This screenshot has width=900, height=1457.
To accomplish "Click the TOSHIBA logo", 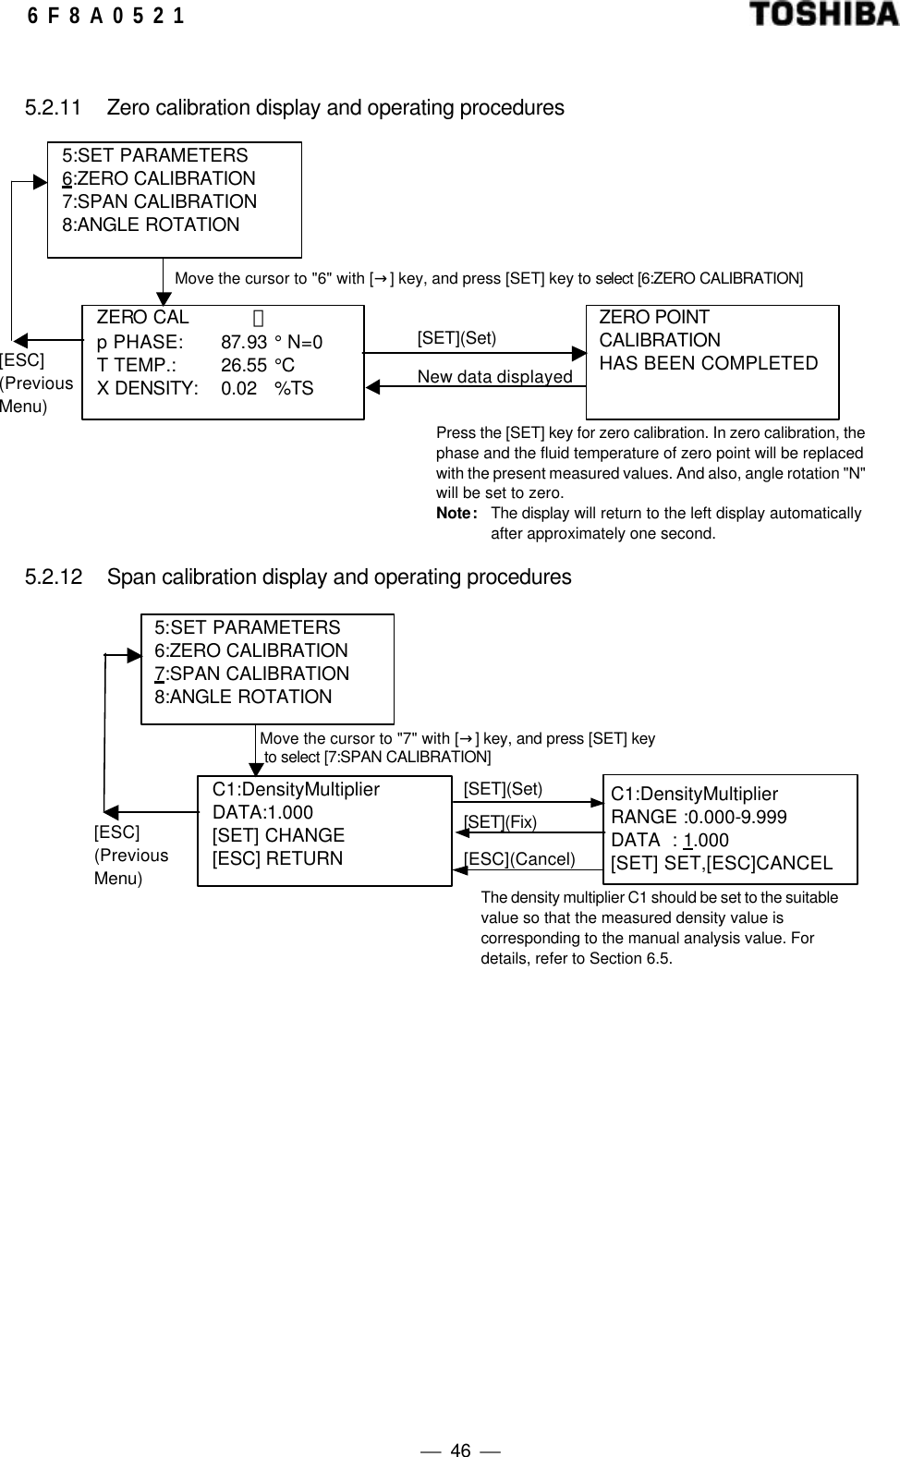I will tap(821, 15).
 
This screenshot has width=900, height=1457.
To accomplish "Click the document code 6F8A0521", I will tap(105, 16).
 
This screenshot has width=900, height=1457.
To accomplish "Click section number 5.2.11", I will tap(53, 108).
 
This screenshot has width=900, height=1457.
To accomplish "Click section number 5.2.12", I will tap(53, 577).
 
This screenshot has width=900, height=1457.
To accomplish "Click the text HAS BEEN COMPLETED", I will tap(708, 363).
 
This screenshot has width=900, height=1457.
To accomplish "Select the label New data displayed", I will tap(494, 377).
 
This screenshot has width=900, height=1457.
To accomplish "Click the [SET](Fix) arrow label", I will tap(500, 821).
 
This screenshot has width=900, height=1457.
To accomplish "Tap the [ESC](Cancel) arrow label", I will tap(519, 859).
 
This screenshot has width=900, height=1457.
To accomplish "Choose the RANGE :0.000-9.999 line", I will tap(699, 817).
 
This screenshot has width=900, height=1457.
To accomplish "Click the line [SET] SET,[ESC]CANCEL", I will tap(721, 863).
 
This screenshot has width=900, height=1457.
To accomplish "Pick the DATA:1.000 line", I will tap(262, 812).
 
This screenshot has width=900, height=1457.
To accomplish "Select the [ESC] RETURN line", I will tap(277, 858).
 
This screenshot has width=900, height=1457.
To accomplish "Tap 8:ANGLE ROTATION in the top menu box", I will tap(151, 225).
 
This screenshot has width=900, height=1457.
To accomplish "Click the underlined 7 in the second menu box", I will tap(159, 674).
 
